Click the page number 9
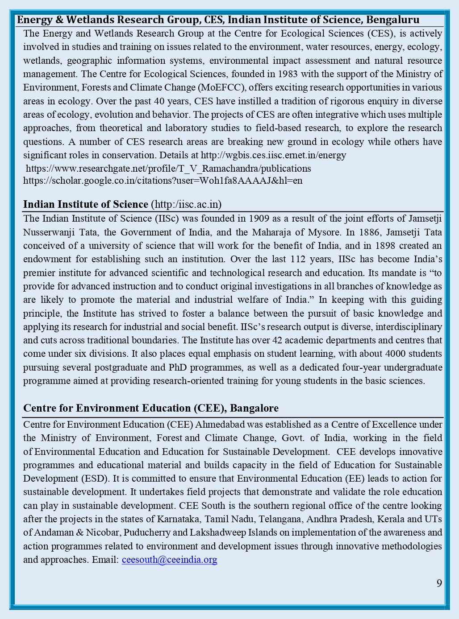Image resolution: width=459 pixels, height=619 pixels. [439, 583]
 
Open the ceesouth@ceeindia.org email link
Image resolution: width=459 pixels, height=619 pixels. [169, 560]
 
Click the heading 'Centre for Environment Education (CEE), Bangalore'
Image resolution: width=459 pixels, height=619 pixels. [150, 408]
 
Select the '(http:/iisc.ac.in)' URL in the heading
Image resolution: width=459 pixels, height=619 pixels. [186, 204]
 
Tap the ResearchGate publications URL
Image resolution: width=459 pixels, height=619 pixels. [168, 169]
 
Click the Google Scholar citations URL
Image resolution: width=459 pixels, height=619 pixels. [163, 181]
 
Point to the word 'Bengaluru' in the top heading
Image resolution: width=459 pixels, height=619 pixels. [392, 20]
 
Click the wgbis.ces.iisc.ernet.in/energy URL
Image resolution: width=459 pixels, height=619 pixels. [273, 155]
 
